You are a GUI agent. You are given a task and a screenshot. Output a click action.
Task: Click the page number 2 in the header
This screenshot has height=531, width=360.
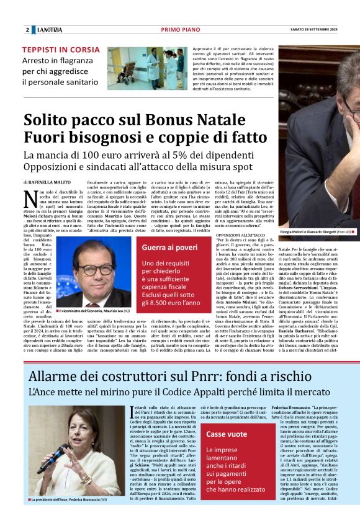pos(27,30)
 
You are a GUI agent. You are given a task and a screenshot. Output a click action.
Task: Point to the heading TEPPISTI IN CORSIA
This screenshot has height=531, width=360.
pos(60,50)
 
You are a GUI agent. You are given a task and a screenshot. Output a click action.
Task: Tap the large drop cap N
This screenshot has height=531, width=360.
pos(30,199)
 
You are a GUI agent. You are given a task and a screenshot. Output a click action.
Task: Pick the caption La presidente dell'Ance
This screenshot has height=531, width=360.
pos(68,516)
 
